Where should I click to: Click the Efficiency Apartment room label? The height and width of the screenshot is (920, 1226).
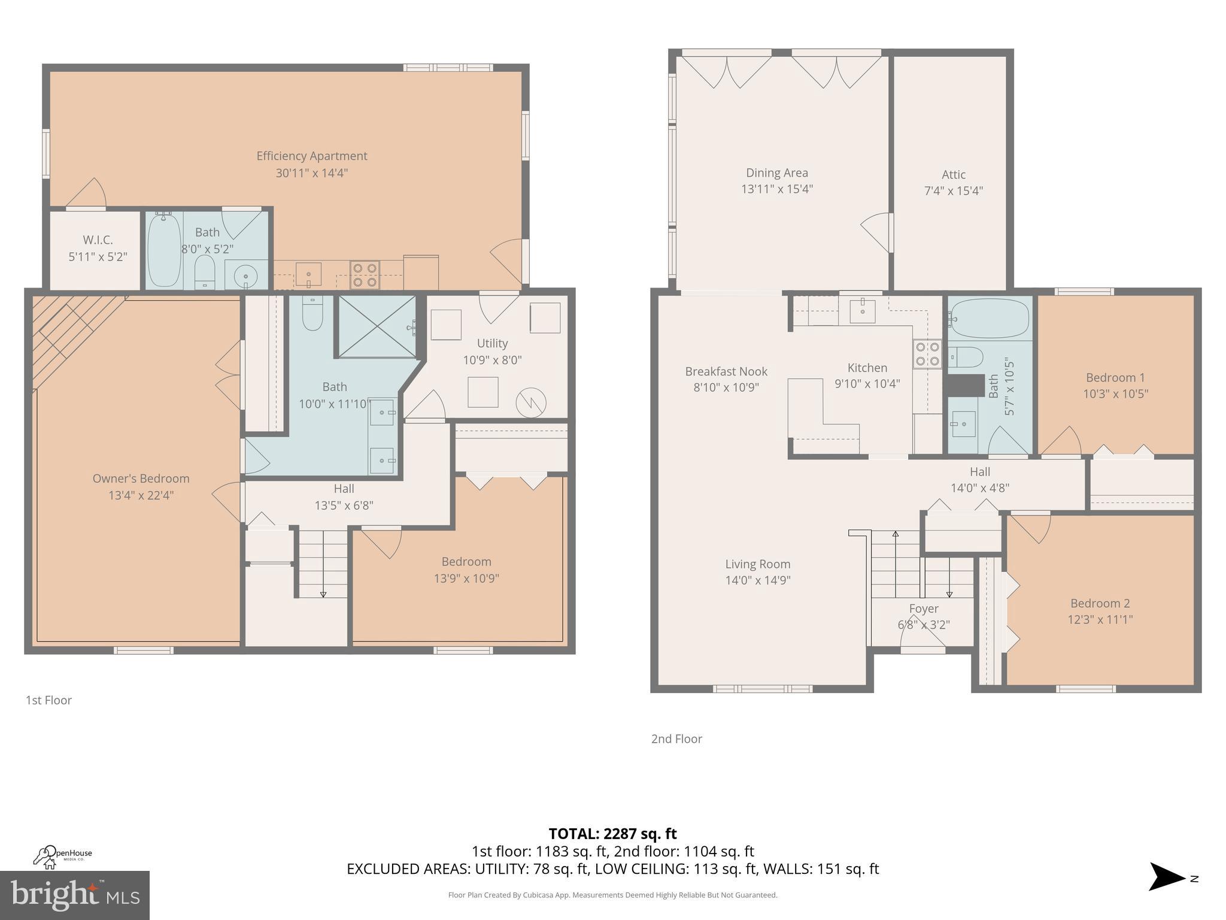pos(311,156)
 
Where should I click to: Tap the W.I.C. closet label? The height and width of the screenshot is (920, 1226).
pos(98,240)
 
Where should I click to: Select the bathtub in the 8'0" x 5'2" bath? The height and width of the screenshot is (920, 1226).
pos(163,250)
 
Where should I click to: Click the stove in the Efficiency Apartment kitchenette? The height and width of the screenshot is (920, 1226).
pos(365,275)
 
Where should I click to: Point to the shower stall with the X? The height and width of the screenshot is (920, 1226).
pos(377,326)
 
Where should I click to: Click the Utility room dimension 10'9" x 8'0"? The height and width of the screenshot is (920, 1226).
pos(492,360)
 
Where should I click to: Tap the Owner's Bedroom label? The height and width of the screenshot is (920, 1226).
pos(141,479)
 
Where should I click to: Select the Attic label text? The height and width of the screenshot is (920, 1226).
pos(953,175)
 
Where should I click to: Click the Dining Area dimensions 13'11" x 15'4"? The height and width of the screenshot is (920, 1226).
pos(776,189)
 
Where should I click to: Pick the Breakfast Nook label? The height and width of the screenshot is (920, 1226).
pos(726,371)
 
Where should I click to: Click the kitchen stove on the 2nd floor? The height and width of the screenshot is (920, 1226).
pos(926,353)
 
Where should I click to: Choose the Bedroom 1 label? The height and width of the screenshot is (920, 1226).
pos(1115,378)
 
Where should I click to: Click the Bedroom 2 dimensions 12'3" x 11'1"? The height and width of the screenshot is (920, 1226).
pos(1100,619)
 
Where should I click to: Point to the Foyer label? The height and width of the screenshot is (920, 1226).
pos(923,609)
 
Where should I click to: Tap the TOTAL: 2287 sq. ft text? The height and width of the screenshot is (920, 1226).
pos(612,833)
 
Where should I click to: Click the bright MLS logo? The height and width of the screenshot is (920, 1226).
pos(74,895)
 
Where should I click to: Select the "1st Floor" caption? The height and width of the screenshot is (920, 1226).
pos(48,700)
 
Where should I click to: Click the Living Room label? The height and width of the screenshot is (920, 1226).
pos(757,564)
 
